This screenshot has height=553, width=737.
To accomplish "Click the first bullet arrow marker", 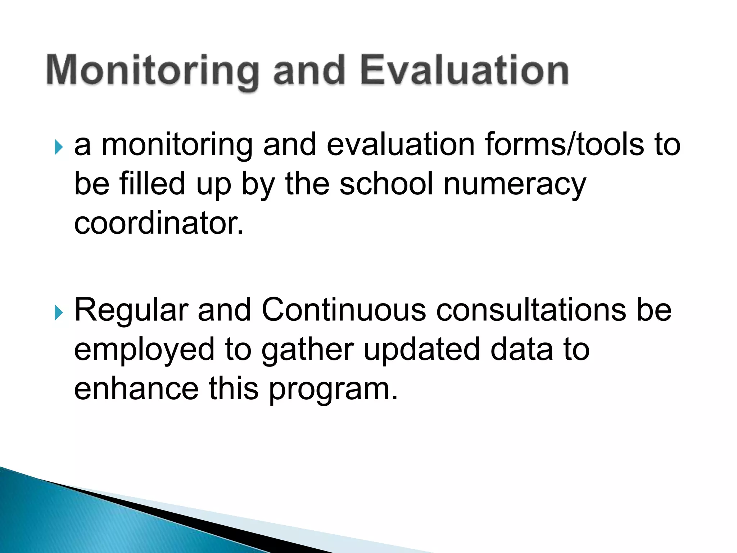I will tap(59, 148).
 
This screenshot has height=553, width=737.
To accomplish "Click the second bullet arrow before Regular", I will tap(59, 313).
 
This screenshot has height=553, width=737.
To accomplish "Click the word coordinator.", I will tap(159, 223).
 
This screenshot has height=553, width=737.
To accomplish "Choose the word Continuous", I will tap(344, 310).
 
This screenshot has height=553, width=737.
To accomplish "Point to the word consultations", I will tap(531, 310).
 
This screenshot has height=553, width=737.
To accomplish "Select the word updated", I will tap(422, 349).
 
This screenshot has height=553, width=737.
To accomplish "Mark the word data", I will tap(521, 349).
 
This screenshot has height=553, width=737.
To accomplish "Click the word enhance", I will tap(136, 389).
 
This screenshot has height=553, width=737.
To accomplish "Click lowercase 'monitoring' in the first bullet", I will tap(177, 145).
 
